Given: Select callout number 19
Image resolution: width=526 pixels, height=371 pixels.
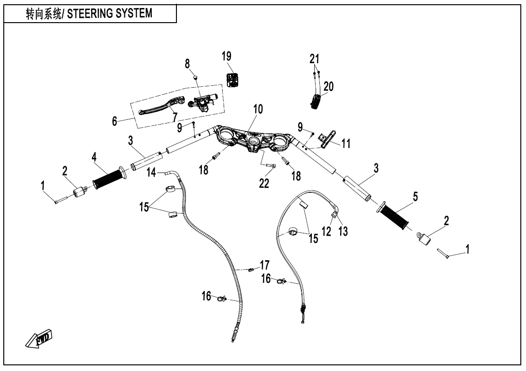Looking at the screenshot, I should click(x=226, y=56).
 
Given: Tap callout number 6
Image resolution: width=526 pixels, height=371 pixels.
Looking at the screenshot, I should click(x=115, y=121).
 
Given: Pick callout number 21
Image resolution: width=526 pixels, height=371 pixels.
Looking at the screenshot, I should click(x=315, y=59).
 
